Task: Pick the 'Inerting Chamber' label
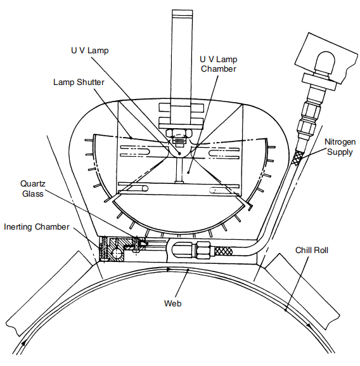tap(36, 227)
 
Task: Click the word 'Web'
tap(172, 304)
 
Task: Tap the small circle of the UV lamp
tap(181, 154)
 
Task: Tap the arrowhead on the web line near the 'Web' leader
tap(169, 270)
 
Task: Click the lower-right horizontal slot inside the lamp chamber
tap(225, 190)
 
